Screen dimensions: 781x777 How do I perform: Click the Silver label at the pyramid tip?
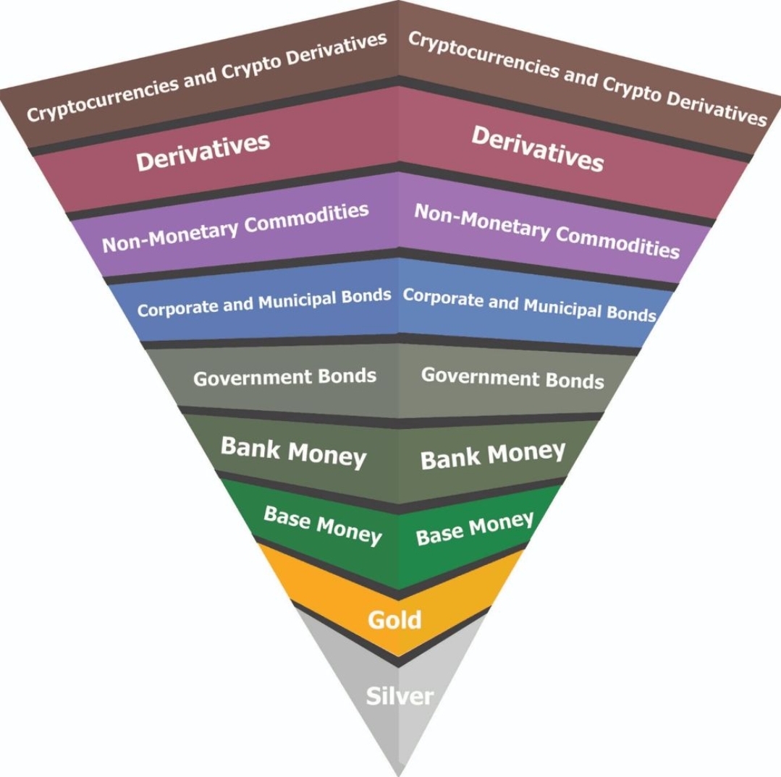[x=400, y=696]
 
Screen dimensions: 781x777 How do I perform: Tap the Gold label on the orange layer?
[x=394, y=620]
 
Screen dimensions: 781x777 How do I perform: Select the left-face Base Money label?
[x=323, y=526]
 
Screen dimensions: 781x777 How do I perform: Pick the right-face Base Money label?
[x=475, y=528]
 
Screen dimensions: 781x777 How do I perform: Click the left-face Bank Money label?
[x=293, y=452]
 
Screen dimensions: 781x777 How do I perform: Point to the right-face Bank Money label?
[x=493, y=455]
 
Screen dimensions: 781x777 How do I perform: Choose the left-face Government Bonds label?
[x=284, y=377]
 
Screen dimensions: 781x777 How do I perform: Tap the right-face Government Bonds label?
[x=512, y=378]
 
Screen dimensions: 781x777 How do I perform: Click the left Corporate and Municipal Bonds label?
[x=264, y=302]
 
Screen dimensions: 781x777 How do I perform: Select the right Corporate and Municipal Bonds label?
[x=529, y=305]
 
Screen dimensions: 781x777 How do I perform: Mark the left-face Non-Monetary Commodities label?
[x=235, y=227]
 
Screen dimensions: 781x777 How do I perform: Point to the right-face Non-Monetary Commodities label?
[x=547, y=231]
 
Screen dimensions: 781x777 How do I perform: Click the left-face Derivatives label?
[x=203, y=152]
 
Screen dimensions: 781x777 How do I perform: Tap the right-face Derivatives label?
[x=538, y=149]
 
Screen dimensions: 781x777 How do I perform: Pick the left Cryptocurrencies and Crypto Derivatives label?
[x=207, y=77]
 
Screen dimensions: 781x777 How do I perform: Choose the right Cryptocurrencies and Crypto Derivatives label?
[x=588, y=79]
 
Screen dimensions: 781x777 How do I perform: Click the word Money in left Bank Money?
[x=327, y=456]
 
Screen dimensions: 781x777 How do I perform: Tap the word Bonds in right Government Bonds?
[x=575, y=381]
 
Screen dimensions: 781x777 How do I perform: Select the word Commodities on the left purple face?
[x=306, y=219]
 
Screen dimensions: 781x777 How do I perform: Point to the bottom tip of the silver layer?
[x=399, y=775]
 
